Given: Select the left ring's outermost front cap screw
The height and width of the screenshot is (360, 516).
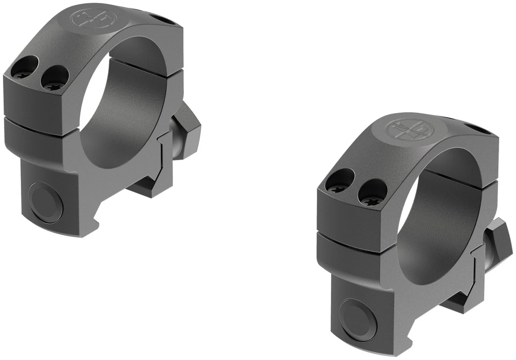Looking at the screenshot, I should [x=24, y=69].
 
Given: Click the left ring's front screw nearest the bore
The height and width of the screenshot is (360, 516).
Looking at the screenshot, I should [x=55, y=80].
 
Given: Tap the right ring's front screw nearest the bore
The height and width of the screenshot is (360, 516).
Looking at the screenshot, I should [x=372, y=194].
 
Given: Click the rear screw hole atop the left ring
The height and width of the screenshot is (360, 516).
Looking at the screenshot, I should [x=166, y=20].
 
